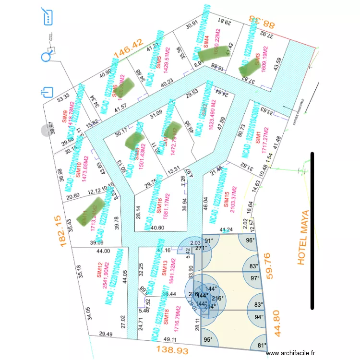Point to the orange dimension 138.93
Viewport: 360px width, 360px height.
(172, 351)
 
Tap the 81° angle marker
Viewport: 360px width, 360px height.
(262, 345)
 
